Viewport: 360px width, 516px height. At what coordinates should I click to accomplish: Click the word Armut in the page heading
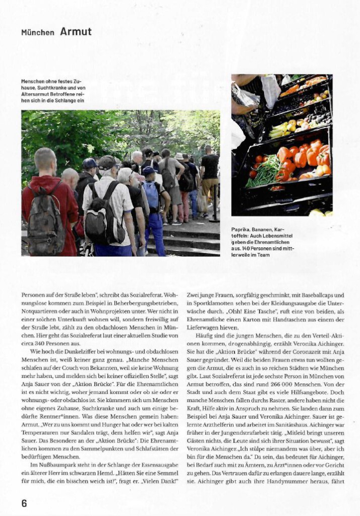point(76,32)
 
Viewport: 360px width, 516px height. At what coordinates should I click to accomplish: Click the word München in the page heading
point(37,33)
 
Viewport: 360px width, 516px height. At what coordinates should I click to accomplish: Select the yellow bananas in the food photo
point(278,131)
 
